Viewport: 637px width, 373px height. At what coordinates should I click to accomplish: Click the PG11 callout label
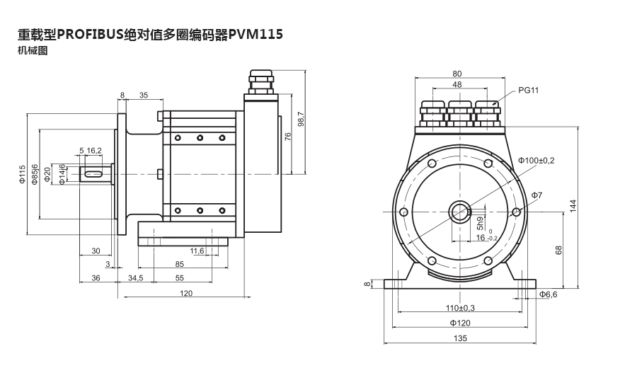528,90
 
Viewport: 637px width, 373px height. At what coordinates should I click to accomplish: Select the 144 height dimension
574,205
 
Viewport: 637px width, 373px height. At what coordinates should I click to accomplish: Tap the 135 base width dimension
460,338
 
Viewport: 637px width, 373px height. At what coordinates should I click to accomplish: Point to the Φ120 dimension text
460,323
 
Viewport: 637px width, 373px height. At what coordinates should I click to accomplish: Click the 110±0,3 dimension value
460,308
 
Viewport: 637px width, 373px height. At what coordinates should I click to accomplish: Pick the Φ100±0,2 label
536,161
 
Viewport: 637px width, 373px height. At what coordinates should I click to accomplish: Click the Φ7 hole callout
536,195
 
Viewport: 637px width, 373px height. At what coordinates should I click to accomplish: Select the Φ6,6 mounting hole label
549,294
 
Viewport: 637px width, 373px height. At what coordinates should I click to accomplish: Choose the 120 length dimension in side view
185,293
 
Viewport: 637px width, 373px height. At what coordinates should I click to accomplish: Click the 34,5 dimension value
135,278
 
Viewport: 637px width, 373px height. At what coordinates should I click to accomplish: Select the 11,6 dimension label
197,251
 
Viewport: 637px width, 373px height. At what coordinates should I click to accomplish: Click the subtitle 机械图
33,51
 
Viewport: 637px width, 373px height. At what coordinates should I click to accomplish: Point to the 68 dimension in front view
558,250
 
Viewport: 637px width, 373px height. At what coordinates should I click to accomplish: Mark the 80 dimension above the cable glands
457,73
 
